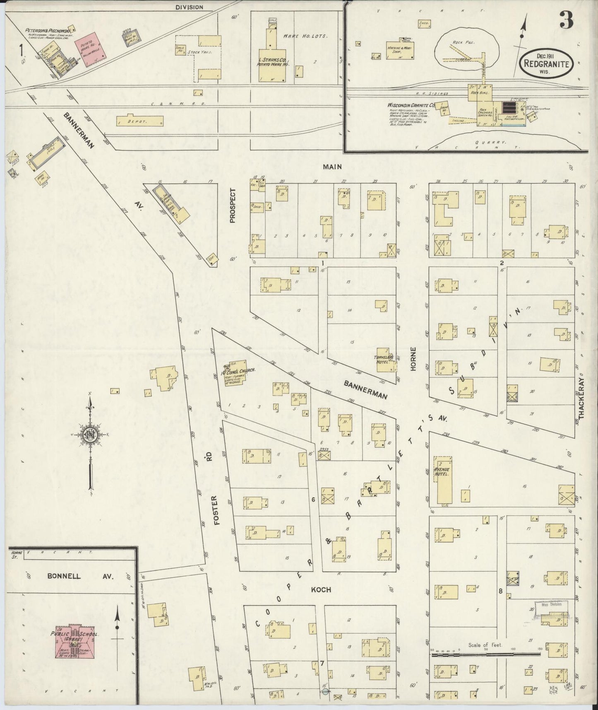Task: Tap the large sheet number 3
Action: pos(566,21)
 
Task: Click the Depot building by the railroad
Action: pos(140,121)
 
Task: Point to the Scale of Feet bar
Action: pos(485,655)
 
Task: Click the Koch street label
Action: pos(321,590)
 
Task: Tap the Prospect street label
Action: pos(233,206)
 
